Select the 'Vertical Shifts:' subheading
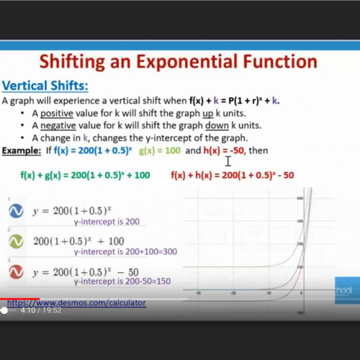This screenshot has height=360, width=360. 45,86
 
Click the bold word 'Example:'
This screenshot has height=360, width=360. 22,150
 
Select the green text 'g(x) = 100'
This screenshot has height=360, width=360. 160,150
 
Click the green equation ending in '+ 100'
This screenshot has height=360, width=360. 85,175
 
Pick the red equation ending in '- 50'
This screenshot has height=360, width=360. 233,175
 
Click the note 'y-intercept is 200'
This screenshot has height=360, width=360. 106,222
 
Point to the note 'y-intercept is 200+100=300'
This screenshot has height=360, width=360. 125,252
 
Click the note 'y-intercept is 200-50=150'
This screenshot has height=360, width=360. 122,282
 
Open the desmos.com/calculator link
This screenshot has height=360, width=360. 76,303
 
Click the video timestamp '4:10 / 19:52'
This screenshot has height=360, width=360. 41,311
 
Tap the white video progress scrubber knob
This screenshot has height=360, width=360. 4,311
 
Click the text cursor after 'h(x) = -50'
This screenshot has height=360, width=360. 228,160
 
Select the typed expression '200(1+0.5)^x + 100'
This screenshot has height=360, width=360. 78,240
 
